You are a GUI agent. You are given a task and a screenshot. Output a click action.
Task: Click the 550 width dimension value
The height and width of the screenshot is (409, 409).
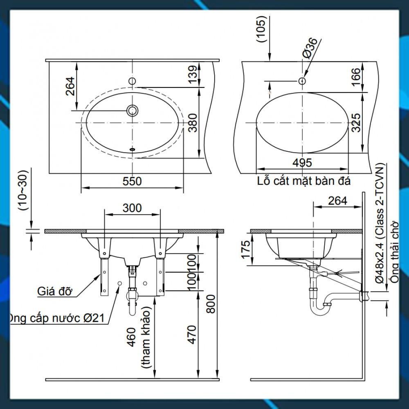tap(132, 181)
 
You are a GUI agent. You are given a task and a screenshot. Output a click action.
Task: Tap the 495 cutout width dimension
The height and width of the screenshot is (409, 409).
tap(302, 163)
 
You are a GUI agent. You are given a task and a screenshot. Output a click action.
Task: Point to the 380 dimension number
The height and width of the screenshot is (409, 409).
tap(193, 123)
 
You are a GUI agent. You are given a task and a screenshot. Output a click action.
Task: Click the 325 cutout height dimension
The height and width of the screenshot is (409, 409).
tap(356, 123)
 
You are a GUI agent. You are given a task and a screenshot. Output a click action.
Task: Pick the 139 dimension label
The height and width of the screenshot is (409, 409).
tap(193, 74)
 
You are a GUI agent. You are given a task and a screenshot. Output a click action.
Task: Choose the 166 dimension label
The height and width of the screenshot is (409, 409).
tap(356, 77)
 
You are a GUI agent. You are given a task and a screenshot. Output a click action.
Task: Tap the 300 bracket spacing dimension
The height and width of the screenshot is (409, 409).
tap(132, 208)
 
